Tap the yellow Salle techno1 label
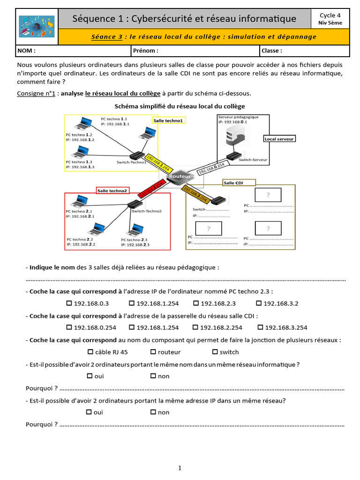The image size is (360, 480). coord(169,120)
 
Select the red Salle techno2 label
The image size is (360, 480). coord(112,191)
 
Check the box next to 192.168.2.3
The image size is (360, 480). coord(196,303)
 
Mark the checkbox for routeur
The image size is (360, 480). coord(153,352)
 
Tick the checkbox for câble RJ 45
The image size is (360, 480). coord(90,352)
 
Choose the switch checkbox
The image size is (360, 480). coord(215,352)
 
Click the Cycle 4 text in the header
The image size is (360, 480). coord(330,15)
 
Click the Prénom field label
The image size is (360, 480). coord(146,51)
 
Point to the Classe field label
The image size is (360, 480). coord(272,51)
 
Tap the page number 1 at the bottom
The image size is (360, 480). coord(180,468)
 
